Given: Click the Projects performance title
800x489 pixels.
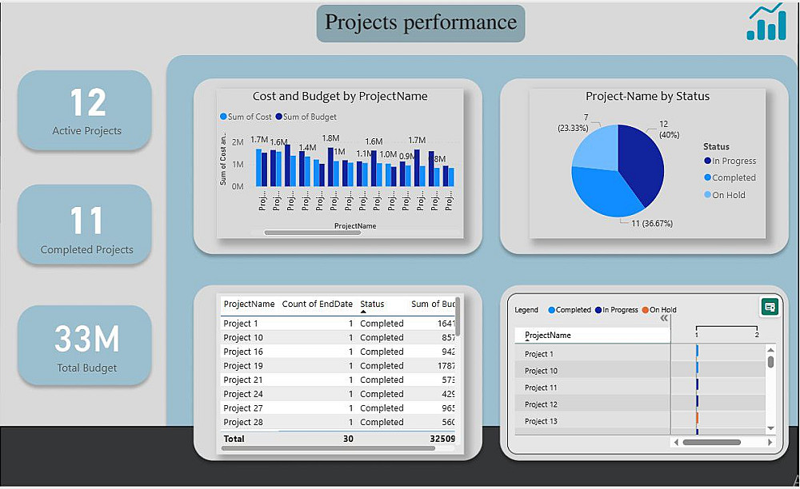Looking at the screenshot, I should click(x=421, y=22).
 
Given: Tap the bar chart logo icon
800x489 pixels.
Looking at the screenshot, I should click(x=766, y=22).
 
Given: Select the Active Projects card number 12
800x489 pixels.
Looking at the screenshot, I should click(x=87, y=102).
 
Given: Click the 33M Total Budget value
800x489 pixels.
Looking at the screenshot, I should click(x=86, y=340).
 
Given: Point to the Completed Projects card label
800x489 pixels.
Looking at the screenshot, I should click(x=86, y=249).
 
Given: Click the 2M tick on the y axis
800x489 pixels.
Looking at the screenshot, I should click(x=238, y=141).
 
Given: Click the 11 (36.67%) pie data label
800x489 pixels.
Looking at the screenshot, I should click(x=652, y=224).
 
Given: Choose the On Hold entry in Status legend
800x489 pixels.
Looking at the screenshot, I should click(x=728, y=195).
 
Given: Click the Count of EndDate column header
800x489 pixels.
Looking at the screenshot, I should click(x=317, y=304).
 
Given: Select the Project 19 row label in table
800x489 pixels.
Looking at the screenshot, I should click(x=243, y=366).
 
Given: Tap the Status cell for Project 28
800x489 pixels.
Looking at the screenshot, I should click(x=382, y=422).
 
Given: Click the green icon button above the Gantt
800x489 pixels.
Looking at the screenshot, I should click(x=770, y=307).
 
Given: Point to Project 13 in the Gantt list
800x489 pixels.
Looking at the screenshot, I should click(x=541, y=421).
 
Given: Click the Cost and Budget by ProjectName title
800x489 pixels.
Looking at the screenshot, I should click(x=340, y=97).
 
